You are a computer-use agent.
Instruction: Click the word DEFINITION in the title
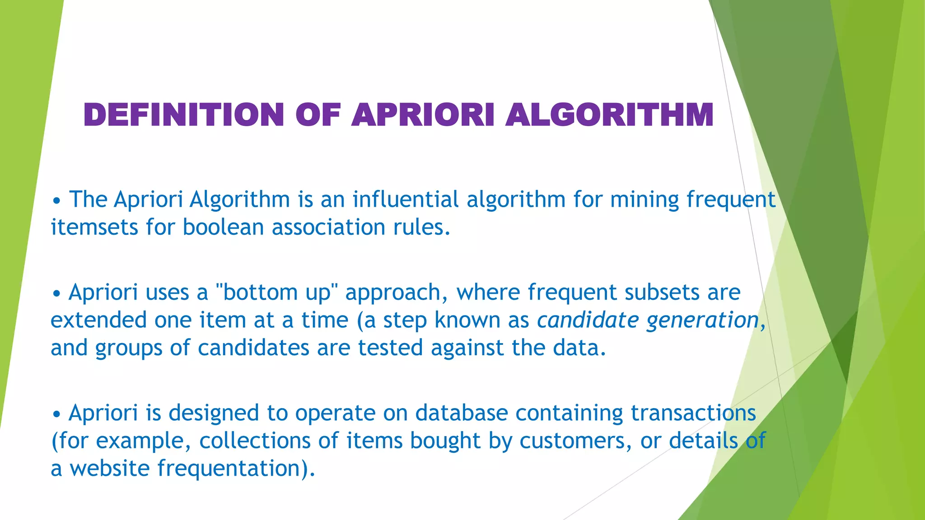tap(183, 115)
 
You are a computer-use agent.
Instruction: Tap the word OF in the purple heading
tap(318, 115)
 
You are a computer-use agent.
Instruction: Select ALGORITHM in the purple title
tap(609, 115)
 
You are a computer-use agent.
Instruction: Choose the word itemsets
tap(94, 227)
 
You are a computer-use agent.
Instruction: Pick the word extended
tap(98, 320)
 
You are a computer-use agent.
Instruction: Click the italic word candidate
tap(588, 320)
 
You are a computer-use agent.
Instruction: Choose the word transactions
tap(693, 413)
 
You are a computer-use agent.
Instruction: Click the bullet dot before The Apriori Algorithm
tap(56, 200)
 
